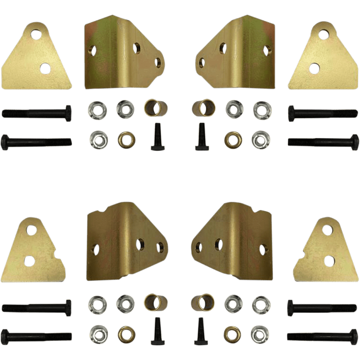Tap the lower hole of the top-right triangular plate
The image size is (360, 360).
coord(315,67)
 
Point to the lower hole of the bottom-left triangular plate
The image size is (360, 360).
coord(30,260)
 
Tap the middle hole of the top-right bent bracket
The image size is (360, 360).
coord(222,46)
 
